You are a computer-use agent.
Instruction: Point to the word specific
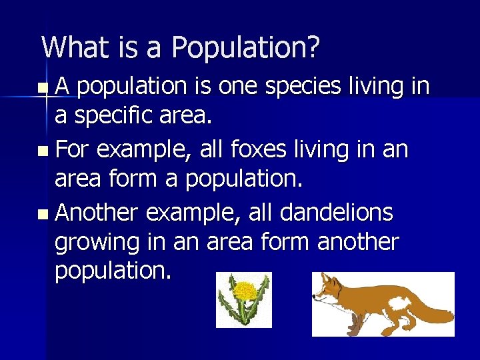[x=107, y=117]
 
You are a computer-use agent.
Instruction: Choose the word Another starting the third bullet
[x=97, y=213]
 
